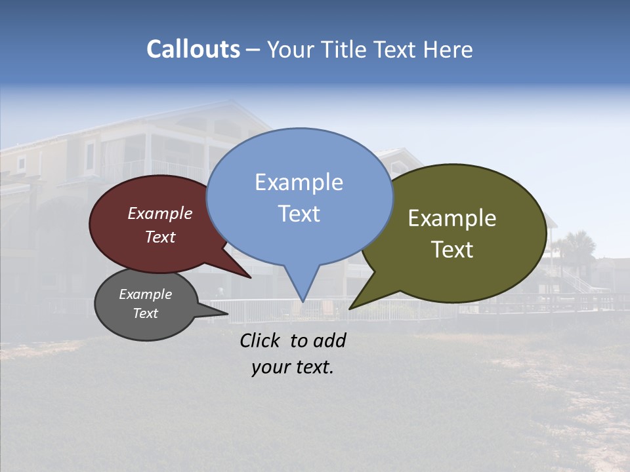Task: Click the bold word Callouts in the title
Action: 193,49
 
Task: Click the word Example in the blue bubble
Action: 299,182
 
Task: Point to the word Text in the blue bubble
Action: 299,213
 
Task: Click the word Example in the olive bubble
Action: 452,218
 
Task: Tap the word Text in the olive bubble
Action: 452,250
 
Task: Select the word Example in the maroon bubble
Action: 159,214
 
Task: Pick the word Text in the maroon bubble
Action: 159,237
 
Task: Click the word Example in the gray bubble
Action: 145,294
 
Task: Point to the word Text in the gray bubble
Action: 145,313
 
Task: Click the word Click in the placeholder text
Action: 261,340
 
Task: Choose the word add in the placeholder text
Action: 329,340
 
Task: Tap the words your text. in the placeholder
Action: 292,367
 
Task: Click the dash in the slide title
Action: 254,49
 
